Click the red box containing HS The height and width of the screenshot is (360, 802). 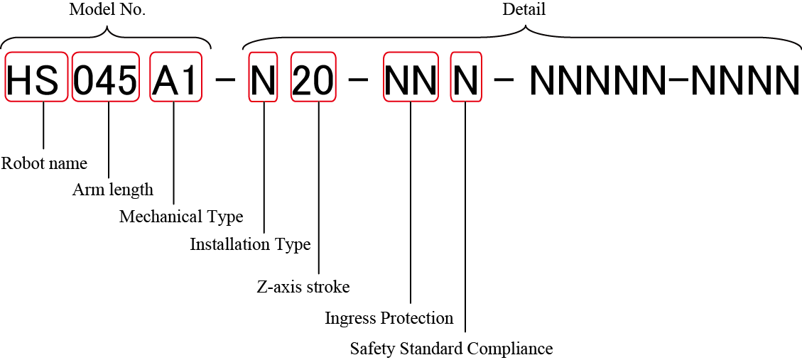[37, 77]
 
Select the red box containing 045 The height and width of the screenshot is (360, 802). [106, 77]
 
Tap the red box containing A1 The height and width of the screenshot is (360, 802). [174, 77]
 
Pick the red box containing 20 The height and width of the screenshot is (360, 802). [313, 77]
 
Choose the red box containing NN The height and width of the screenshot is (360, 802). [411, 77]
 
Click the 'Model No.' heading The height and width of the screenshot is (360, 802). [107, 10]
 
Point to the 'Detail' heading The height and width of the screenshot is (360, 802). [524, 10]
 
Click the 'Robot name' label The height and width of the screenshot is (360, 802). [44, 163]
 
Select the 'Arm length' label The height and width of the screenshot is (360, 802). [113, 190]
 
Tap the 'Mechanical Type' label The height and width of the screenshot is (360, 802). [181, 217]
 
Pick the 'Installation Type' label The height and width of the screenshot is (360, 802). [250, 244]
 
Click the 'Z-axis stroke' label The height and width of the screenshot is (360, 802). [303, 287]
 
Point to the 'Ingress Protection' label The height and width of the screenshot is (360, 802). [389, 317]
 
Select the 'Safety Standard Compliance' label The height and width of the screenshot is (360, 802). [451, 349]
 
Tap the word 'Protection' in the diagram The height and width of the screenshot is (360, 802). [418, 317]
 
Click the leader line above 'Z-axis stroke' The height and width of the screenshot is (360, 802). [319, 188]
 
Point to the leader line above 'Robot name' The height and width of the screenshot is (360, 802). [44, 126]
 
